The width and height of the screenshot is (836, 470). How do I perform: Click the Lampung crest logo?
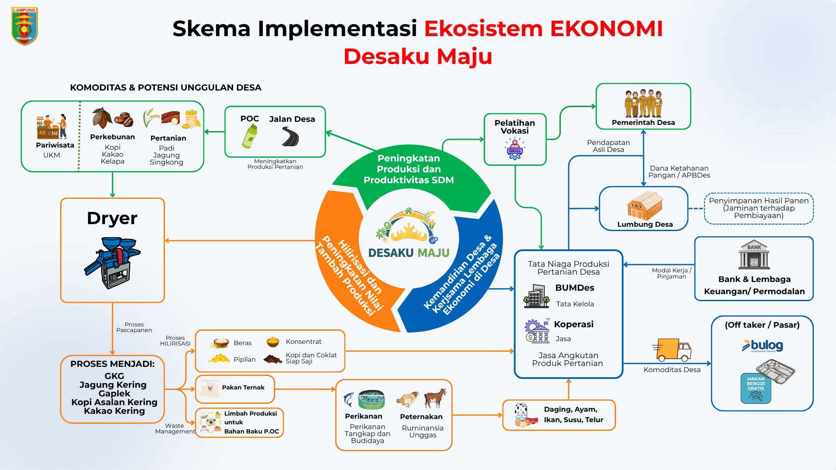pyautogui.click(x=24, y=26)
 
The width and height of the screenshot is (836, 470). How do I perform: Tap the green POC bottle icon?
pyautogui.click(x=249, y=136)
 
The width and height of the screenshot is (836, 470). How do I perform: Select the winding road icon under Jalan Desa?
pyautogui.click(x=290, y=136)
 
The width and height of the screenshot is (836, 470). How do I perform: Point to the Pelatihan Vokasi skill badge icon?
pyautogui.click(x=515, y=149)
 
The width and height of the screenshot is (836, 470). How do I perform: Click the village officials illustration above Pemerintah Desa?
pyautogui.click(x=643, y=104)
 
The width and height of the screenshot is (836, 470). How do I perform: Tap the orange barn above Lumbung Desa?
pyautogui.click(x=644, y=205)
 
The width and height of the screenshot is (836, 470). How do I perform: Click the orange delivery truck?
pyautogui.click(x=673, y=350)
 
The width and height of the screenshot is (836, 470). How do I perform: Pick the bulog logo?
pyautogui.click(x=763, y=346)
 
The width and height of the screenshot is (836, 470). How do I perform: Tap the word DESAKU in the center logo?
pyautogui.click(x=391, y=253)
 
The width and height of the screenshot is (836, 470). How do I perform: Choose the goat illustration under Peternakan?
pyautogui.click(x=436, y=398)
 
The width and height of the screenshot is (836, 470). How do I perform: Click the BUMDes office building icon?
pyautogui.click(x=536, y=297)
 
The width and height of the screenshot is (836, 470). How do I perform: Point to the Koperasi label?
pyautogui.click(x=573, y=324)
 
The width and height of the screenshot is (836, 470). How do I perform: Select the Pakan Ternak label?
pyautogui.click(x=243, y=387)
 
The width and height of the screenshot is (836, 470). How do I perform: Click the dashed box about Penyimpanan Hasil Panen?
pyautogui.click(x=758, y=208)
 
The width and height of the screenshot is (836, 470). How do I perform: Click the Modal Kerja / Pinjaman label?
pyautogui.click(x=671, y=273)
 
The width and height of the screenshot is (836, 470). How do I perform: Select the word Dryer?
pyautogui.click(x=112, y=218)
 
